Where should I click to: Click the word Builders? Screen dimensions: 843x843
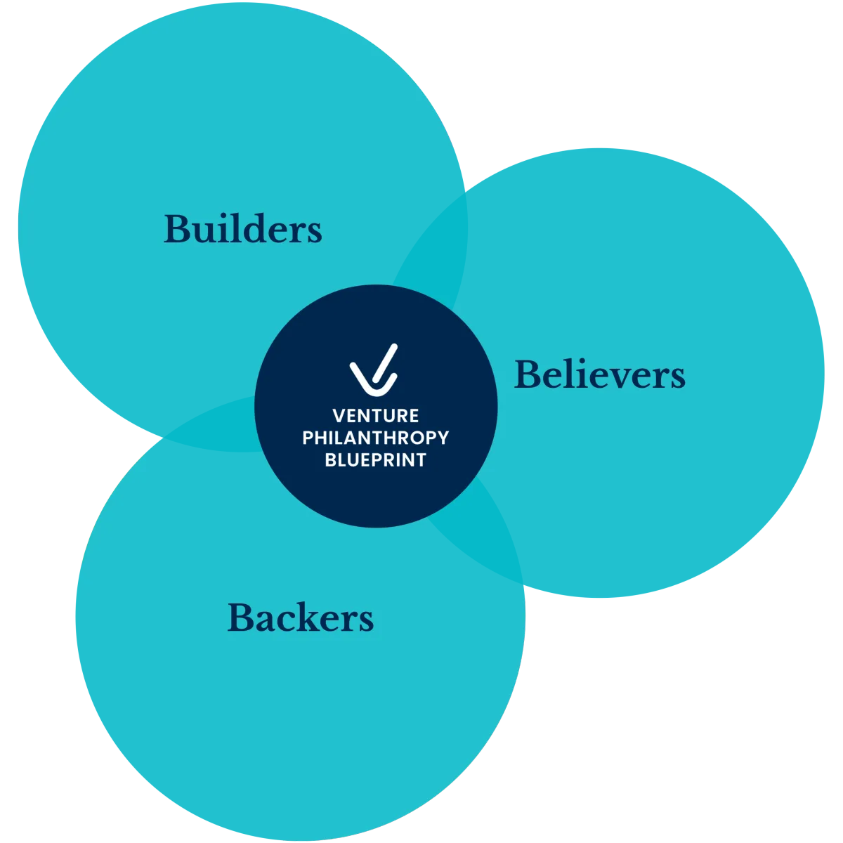[x=243, y=229]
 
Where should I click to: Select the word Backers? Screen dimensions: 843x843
[x=301, y=618]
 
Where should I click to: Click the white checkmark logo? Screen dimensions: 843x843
[x=374, y=369]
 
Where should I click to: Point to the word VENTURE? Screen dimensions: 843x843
[x=376, y=415]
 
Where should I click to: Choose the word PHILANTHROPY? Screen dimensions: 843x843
[x=376, y=438]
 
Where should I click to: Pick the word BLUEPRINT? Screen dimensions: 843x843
[x=376, y=460]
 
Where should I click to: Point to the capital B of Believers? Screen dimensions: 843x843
[x=528, y=375]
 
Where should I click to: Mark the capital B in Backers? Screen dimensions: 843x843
[x=241, y=619]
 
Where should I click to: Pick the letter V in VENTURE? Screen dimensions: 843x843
[x=339, y=415]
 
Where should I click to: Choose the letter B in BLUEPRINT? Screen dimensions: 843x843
[x=330, y=460]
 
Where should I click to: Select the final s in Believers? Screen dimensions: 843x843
[x=677, y=377]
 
